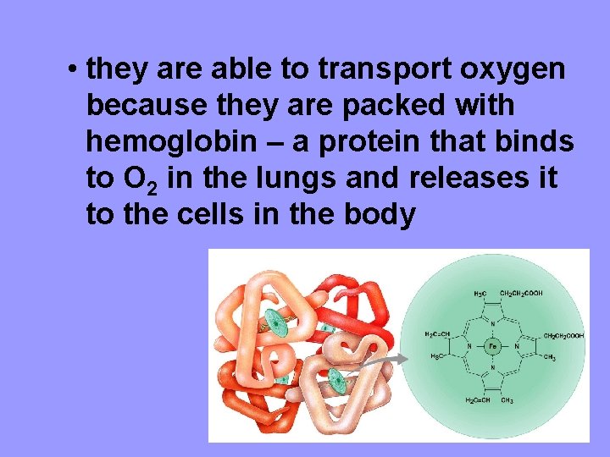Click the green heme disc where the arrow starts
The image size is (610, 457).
pos(337,380)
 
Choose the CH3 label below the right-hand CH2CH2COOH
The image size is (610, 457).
pos(549,357)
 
